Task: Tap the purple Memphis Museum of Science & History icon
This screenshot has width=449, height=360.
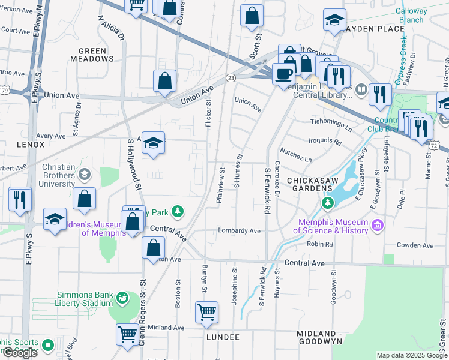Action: [377, 226]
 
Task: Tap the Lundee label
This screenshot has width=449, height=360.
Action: [223, 338]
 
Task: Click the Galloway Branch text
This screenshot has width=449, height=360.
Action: [411, 15]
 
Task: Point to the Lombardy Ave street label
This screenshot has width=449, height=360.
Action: [239, 230]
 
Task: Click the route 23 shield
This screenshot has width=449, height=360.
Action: [231, 78]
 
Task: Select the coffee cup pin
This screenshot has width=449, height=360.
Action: [283, 74]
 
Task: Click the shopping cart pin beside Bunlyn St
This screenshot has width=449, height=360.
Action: [206, 311]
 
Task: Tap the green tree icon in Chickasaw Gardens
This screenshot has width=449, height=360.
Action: [327, 204]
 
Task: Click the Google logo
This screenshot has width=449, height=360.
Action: [20, 353]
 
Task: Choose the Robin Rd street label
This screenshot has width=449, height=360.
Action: [320, 245]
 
